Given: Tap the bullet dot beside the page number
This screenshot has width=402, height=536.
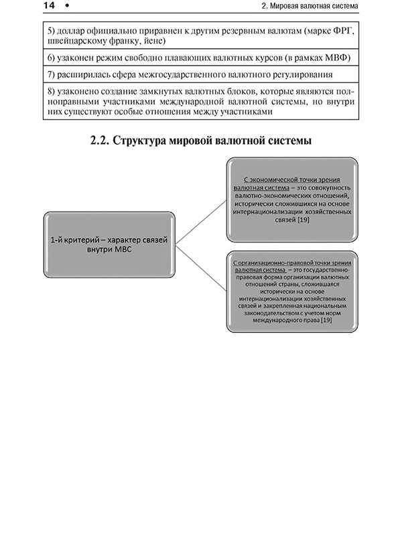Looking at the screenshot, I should (67, 8).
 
